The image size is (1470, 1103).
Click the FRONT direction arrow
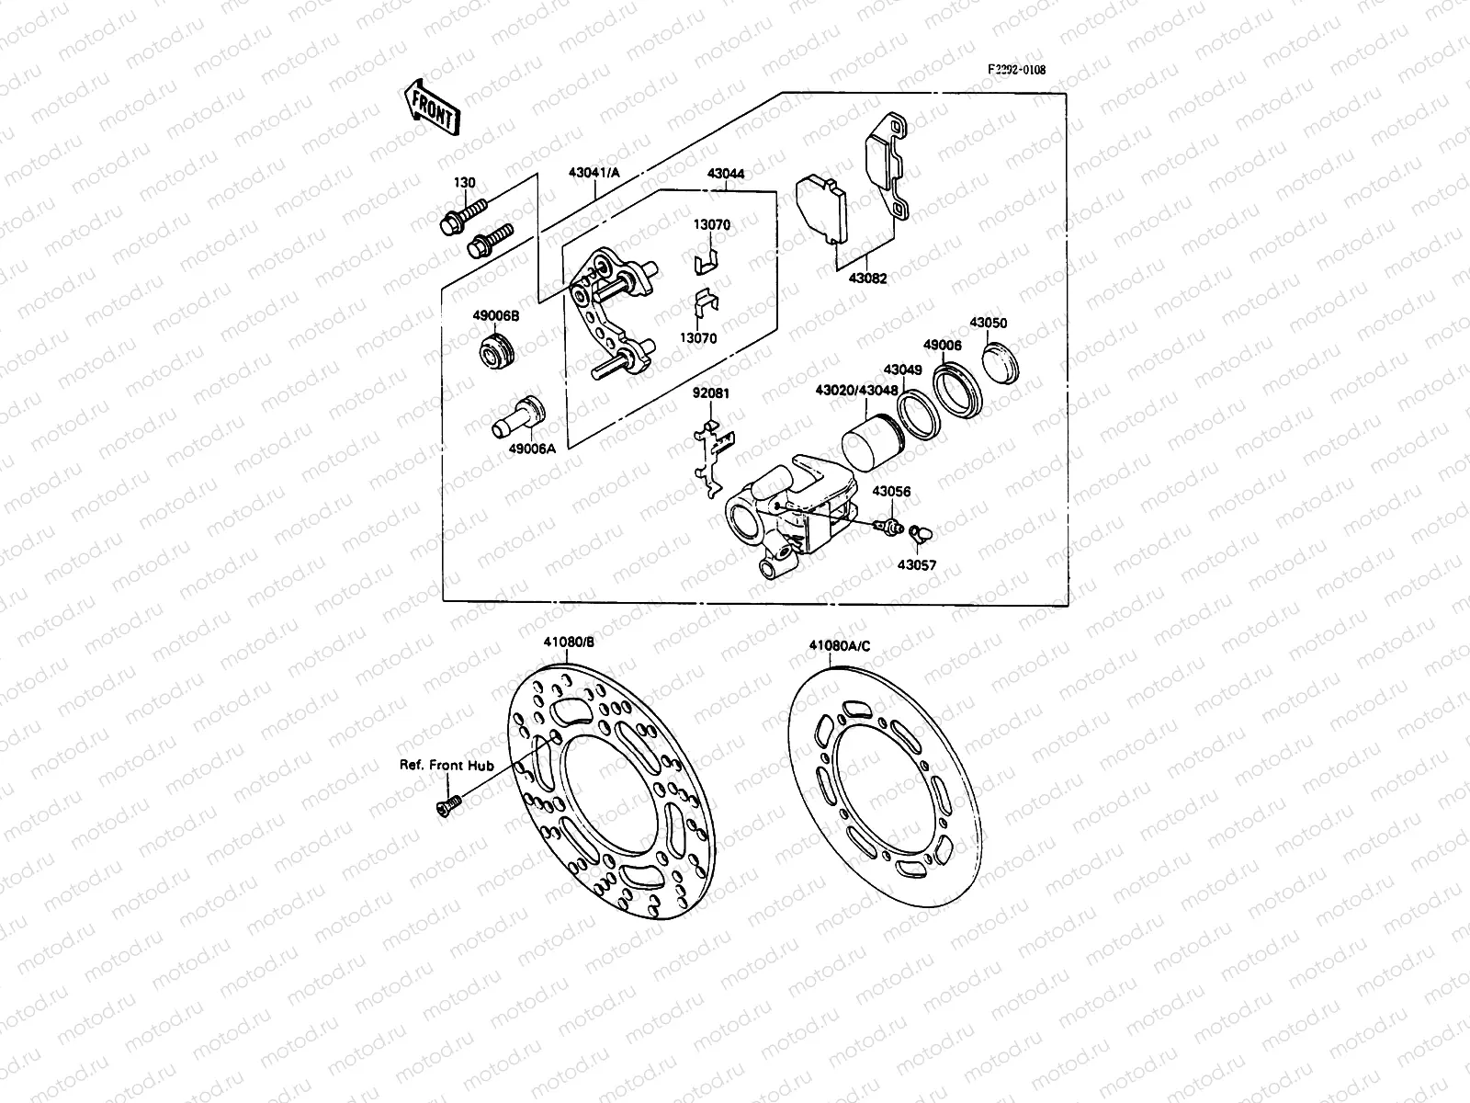(431, 107)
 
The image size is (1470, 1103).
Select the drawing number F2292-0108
(1016, 70)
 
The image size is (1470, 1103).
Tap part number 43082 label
(869, 279)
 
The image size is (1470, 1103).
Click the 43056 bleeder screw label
(891, 492)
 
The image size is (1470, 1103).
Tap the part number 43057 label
(917, 565)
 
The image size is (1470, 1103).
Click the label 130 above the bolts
(465, 183)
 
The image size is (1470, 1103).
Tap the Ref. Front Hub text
(446, 765)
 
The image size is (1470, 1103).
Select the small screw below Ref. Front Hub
(448, 805)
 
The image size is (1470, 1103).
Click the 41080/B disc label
(569, 643)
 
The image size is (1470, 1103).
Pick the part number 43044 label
(726, 174)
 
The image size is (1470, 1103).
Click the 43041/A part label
(594, 173)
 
